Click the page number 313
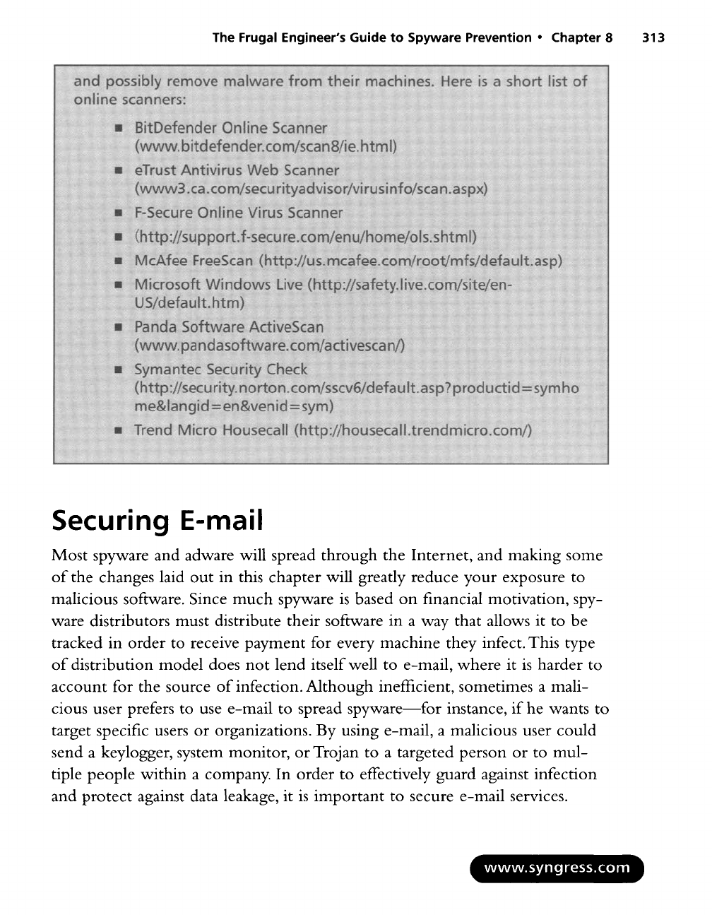(653, 37)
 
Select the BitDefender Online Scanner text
(231, 128)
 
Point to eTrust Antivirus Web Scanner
(237, 170)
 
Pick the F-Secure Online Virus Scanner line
(239, 213)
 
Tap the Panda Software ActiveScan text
(229, 327)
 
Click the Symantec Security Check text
(221, 370)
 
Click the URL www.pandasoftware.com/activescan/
(269, 346)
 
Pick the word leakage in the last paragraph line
(261, 796)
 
